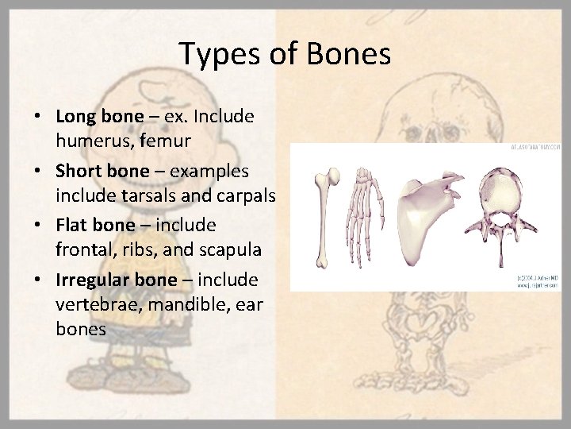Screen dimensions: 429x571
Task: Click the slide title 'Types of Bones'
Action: (x=285, y=54)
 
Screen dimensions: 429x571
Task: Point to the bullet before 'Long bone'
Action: (x=38, y=116)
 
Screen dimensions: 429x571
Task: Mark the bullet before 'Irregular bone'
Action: (x=38, y=280)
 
